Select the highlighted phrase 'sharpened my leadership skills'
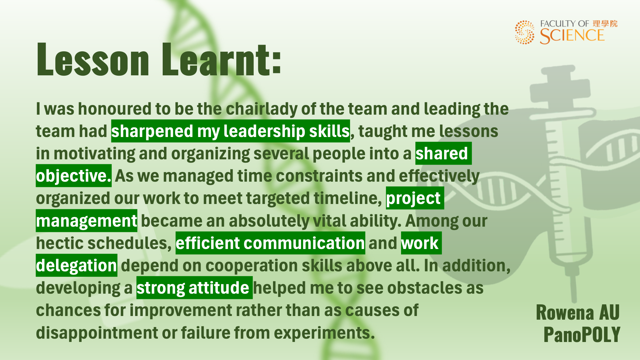click(230, 131)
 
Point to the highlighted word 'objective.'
click(74, 176)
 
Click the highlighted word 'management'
click(87, 221)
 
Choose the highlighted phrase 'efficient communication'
click(270, 243)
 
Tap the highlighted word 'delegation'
click(77, 265)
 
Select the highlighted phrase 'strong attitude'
click(194, 288)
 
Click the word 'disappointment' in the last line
click(97, 333)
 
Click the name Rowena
click(565, 313)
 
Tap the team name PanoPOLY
click(582, 334)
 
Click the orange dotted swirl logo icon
click(525, 32)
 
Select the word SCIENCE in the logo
click(572, 36)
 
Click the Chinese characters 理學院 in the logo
click(605, 24)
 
